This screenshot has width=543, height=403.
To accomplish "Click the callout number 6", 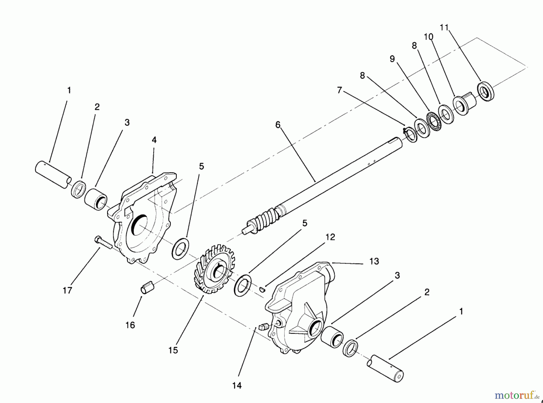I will pyautogui.click(x=278, y=125).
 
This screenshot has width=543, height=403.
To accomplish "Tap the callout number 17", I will pyautogui.click(x=68, y=290).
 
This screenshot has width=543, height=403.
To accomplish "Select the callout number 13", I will pyautogui.click(x=374, y=261).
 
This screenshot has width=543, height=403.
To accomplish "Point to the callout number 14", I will pyautogui.click(x=237, y=386).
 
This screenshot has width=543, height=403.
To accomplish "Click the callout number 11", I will pyautogui.click(x=444, y=27).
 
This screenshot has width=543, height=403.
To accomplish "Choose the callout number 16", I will pyautogui.click(x=130, y=325).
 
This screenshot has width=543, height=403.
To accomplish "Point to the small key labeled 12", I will pyautogui.click(x=262, y=289).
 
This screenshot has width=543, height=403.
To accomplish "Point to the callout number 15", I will pyautogui.click(x=173, y=350).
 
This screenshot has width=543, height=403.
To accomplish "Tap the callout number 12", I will pyautogui.click(x=330, y=237).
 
